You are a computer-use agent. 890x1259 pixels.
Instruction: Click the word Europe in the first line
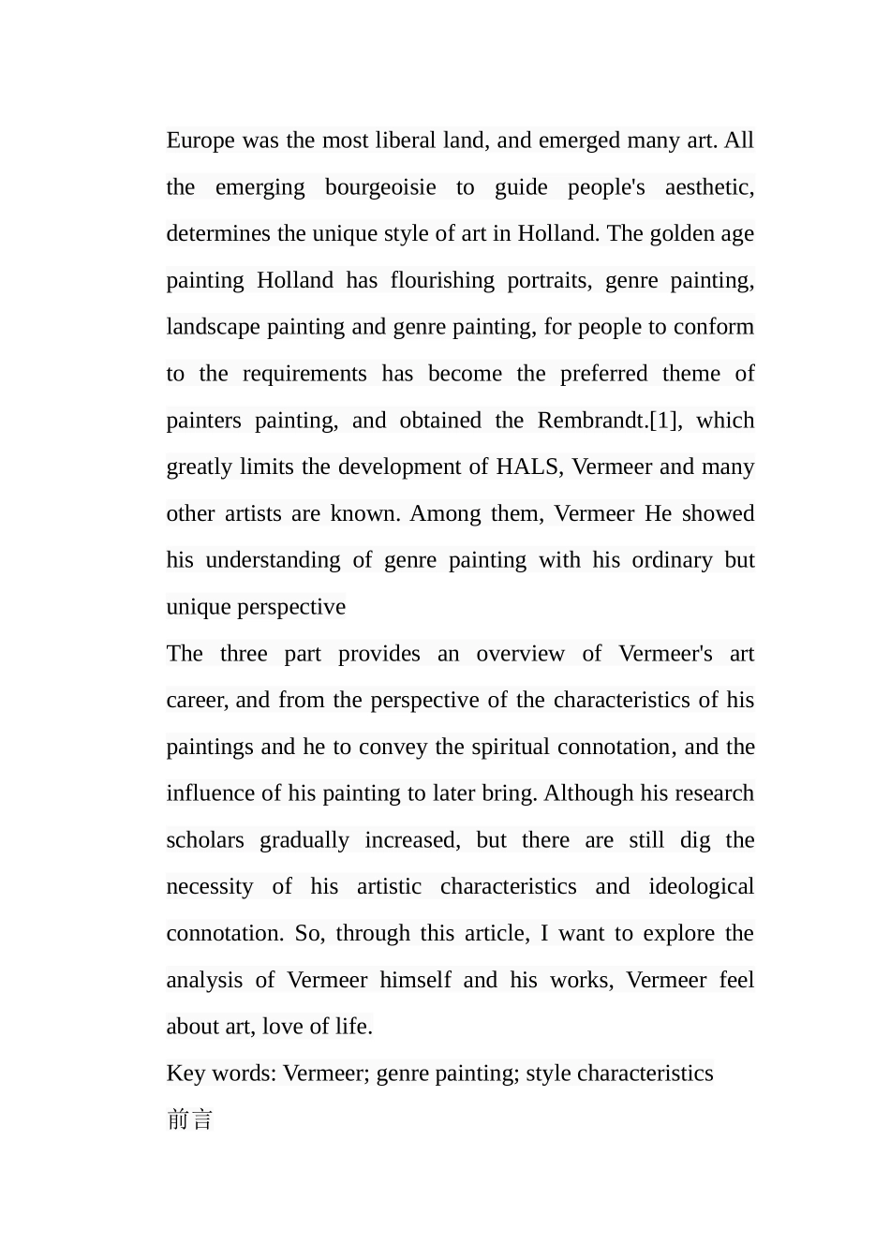(200, 141)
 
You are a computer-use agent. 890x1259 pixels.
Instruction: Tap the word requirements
(304, 374)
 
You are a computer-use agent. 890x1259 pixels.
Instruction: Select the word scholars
(205, 840)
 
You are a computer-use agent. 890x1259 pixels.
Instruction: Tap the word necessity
(210, 887)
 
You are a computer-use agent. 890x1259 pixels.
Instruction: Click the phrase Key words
(220, 1074)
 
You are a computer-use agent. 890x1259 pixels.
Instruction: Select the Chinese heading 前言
(190, 1119)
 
